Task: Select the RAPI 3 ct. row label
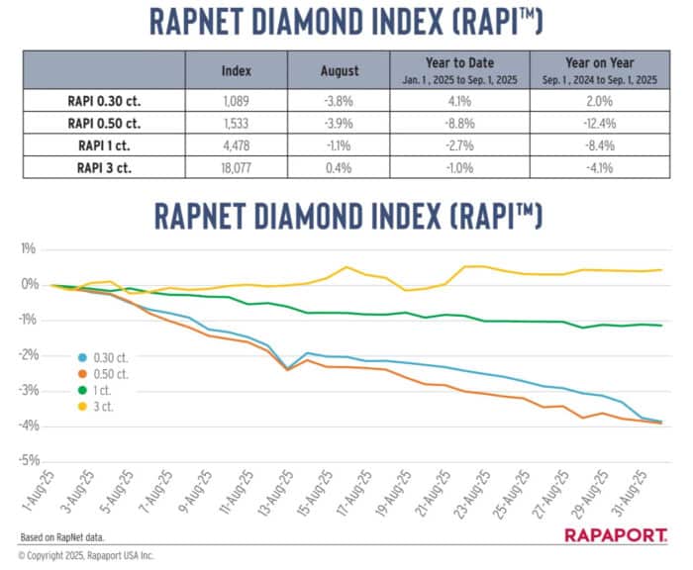coord(104,168)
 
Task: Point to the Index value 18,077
coord(237,168)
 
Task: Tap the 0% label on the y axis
coord(30,284)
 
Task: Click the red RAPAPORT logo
coord(619,534)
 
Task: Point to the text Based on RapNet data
coord(62,537)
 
